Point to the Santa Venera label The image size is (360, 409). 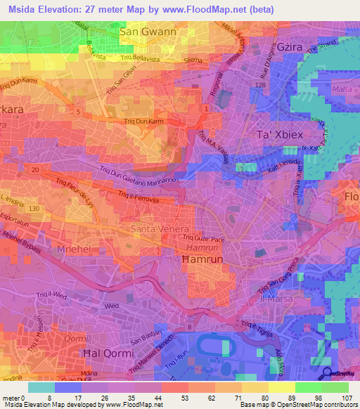(160, 230)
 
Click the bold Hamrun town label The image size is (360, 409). (202, 259)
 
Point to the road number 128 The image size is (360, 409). (260, 85)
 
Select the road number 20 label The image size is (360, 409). (34, 169)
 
